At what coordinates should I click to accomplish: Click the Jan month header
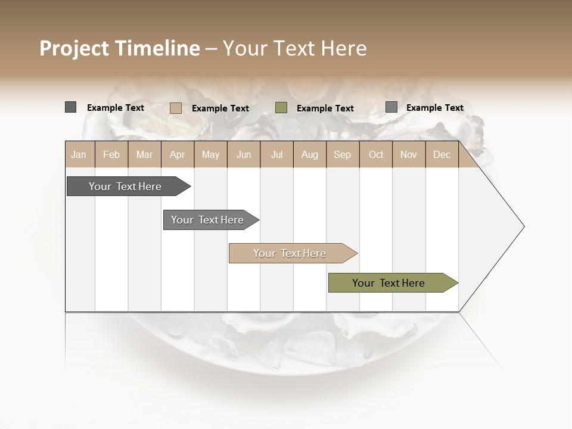(x=79, y=154)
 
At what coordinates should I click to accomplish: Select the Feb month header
(x=111, y=154)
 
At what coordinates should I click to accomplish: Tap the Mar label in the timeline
(x=144, y=154)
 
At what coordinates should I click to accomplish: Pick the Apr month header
(x=177, y=154)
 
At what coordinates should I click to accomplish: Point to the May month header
(x=210, y=154)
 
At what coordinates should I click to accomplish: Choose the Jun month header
(x=244, y=154)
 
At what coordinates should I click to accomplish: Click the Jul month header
(x=276, y=154)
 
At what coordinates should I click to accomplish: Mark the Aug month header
(x=309, y=154)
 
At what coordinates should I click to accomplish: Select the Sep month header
(x=342, y=154)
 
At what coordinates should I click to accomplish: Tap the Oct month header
(x=376, y=154)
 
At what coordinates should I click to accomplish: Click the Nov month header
(x=409, y=154)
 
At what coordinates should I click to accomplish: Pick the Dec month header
(x=442, y=154)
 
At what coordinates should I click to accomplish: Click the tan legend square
(x=175, y=108)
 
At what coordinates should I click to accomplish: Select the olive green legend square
(x=281, y=107)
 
